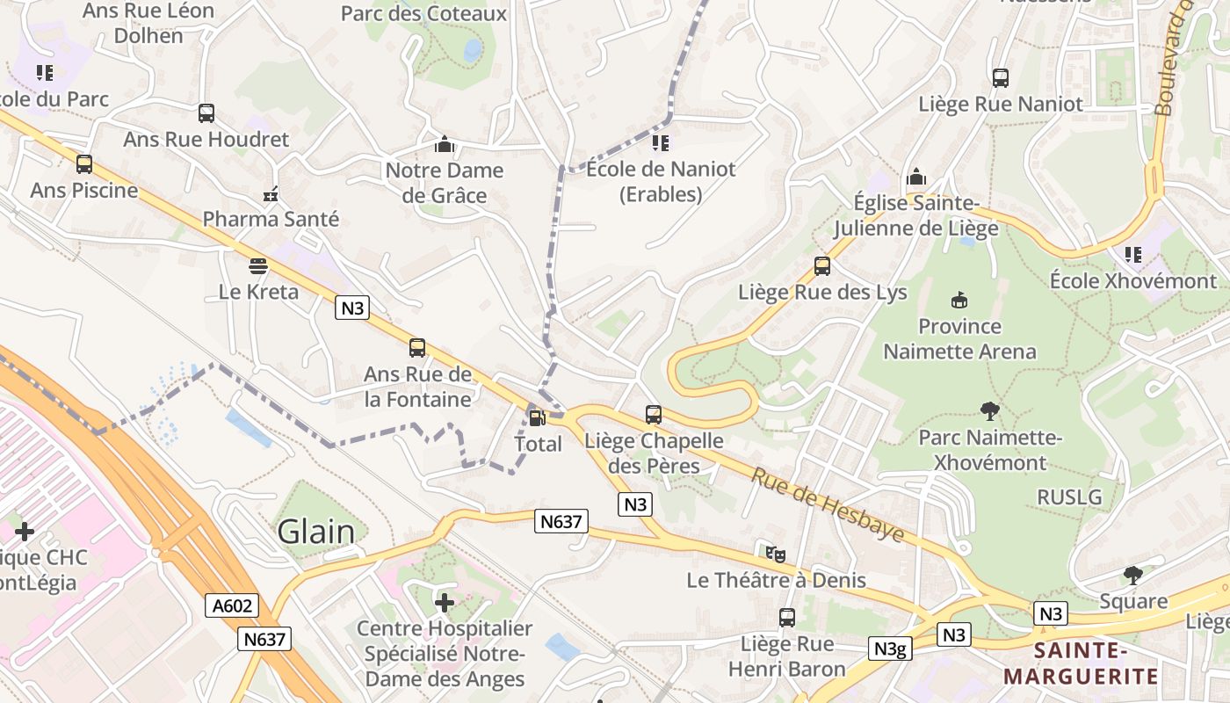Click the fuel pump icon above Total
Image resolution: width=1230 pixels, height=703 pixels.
(x=535, y=417)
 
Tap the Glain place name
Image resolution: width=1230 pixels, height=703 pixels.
(x=316, y=532)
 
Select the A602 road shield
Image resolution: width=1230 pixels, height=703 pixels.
(x=233, y=605)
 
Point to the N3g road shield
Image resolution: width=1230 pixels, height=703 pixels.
(x=890, y=649)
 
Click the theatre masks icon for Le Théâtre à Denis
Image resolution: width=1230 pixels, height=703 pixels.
(x=775, y=554)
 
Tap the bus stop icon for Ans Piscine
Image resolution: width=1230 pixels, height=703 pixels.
(x=84, y=164)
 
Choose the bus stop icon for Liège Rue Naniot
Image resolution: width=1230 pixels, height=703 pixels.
(x=1001, y=78)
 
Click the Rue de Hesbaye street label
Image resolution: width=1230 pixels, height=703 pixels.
(x=827, y=504)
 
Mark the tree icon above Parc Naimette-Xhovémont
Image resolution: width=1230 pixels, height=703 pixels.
(x=990, y=410)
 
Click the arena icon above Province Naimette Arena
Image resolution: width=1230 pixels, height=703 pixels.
(x=959, y=301)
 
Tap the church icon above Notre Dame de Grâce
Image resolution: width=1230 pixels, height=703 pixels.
(x=445, y=144)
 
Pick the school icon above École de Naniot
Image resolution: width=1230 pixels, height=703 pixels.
(x=661, y=142)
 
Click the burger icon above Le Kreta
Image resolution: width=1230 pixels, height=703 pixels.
(x=258, y=265)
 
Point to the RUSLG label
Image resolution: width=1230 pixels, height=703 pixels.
(x=1069, y=496)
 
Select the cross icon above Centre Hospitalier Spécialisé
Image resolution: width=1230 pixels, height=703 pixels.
(x=445, y=603)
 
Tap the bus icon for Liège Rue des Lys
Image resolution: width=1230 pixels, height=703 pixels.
(x=822, y=265)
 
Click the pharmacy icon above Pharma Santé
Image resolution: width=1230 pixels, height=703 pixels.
(x=271, y=193)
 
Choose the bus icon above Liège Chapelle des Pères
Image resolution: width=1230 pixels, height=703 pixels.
(x=654, y=415)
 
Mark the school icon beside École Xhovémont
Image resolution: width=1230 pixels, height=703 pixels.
(x=1133, y=255)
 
